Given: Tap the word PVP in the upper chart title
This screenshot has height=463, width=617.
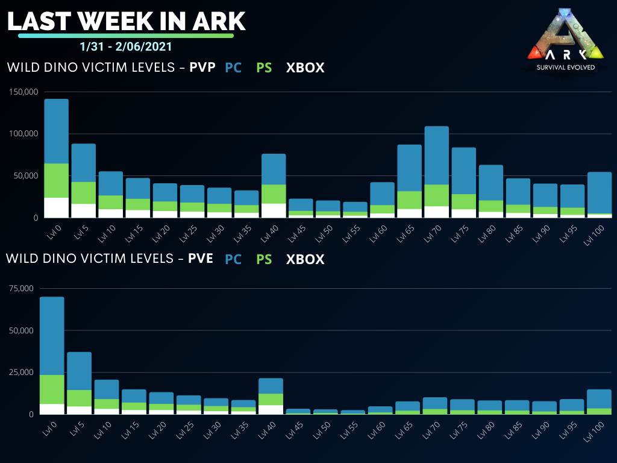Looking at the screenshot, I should pyautogui.click(x=202, y=68).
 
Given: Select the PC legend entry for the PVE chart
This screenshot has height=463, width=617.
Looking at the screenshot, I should pyautogui.click(x=233, y=259).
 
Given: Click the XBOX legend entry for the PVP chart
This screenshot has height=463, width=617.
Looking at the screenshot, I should pyautogui.click(x=305, y=68).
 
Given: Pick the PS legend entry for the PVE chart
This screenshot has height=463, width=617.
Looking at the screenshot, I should pyautogui.click(x=264, y=259).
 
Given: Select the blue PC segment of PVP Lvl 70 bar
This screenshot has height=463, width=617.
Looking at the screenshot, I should pyautogui.click(x=437, y=155).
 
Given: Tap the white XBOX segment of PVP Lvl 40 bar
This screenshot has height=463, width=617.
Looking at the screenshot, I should pyautogui.click(x=274, y=210).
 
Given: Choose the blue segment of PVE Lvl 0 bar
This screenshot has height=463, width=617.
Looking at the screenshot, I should pyautogui.click(x=52, y=336).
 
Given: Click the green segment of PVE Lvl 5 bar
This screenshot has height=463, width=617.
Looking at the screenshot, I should pyautogui.click(x=79, y=398).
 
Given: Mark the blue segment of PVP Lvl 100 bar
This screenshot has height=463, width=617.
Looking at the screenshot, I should pyautogui.click(x=600, y=192).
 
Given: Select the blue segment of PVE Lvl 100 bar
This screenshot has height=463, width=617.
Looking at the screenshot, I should pyautogui.click(x=600, y=398).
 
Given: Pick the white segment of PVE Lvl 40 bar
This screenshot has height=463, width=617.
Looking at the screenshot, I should pyautogui.click(x=271, y=409).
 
